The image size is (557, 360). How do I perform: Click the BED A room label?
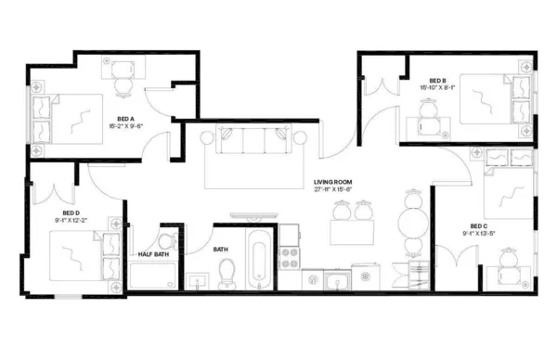[x=126, y=120]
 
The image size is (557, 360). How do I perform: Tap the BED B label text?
[x=439, y=80]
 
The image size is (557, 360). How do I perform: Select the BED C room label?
[x=478, y=225]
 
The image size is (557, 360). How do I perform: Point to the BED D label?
[x=45, y=212]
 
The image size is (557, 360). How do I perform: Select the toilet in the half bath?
[x=166, y=238]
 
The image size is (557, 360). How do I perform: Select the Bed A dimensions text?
[x=126, y=128]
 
